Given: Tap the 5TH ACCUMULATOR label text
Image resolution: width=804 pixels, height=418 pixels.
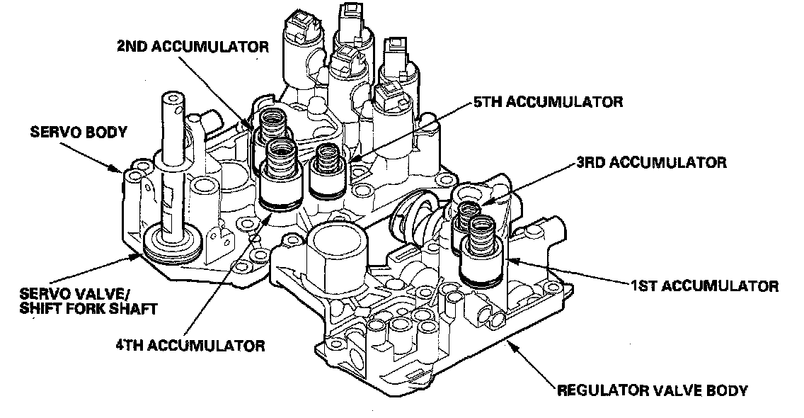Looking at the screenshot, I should pos(548,102).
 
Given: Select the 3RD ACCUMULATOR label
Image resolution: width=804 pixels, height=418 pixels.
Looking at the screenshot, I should pos(650,163).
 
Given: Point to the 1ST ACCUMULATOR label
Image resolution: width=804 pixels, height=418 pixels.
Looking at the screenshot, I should pos(704,286).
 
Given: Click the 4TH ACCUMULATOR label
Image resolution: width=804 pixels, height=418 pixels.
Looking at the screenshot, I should pos(190,346).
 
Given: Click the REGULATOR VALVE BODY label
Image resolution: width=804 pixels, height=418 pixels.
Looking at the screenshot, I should pos(653,390).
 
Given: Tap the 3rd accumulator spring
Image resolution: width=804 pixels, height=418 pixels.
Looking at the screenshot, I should pos(468,212).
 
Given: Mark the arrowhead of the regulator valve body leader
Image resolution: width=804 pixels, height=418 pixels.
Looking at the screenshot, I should pos(507,341).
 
